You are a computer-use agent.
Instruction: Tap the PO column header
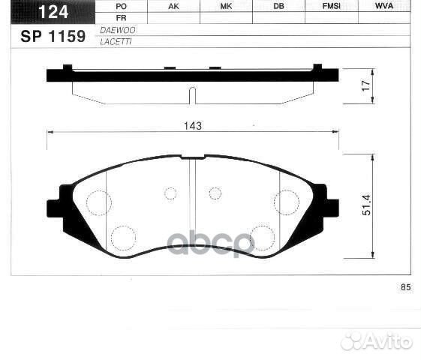[x=122, y=6]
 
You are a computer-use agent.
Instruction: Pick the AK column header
[x=173, y=6]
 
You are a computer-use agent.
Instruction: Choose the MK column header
[x=226, y=6]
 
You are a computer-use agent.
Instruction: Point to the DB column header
[x=278, y=6]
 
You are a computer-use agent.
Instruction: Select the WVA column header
[x=383, y=6]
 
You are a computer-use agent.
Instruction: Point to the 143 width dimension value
[x=193, y=127]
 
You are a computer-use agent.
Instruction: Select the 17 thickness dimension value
[x=365, y=85]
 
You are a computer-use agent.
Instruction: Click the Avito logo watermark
[x=376, y=341]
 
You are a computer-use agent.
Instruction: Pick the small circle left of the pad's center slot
[x=170, y=193]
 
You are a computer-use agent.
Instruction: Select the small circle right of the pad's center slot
[x=215, y=193]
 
